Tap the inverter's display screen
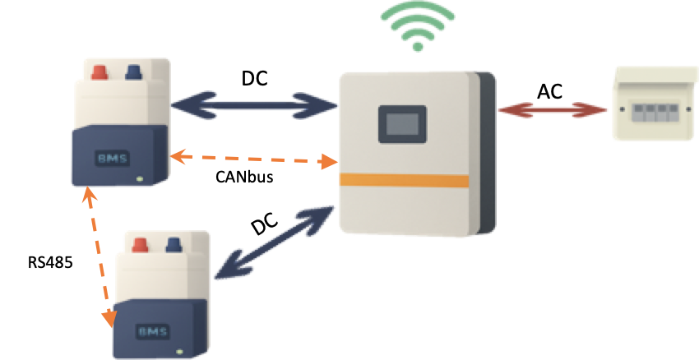(401, 125)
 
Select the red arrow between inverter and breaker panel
(551, 110)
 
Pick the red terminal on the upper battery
(98, 72)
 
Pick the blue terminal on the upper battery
(132, 72)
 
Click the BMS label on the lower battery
(153, 333)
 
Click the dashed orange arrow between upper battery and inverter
(254, 158)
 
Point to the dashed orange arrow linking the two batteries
(98, 256)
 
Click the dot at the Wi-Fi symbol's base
(418, 46)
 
